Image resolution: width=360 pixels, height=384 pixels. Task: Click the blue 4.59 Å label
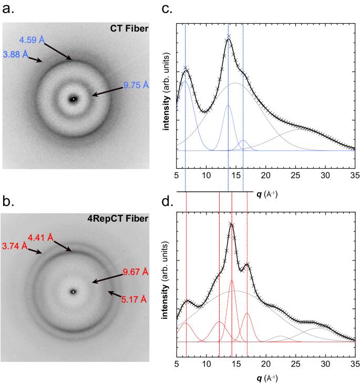point(33,39)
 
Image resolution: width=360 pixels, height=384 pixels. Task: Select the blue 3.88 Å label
point(16,54)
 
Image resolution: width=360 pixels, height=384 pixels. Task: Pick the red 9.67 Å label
point(136,272)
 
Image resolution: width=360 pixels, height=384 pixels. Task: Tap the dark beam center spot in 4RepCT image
point(74,292)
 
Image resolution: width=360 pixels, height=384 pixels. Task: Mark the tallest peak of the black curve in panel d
point(232,225)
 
